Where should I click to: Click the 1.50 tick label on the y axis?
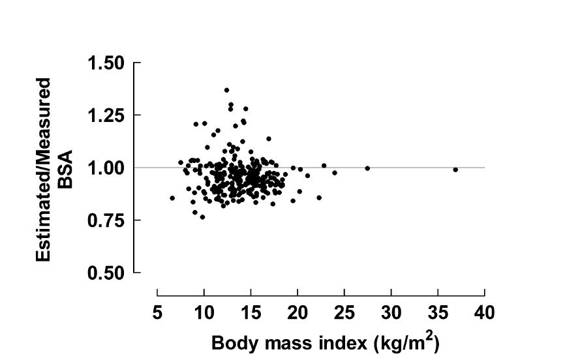(106, 63)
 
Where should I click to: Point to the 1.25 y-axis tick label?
(106, 115)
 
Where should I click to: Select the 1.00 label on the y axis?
(106, 168)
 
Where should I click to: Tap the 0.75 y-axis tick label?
(106, 220)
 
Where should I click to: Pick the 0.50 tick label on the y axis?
(106, 273)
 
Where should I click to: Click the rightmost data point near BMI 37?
(455, 170)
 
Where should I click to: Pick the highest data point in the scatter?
(226, 90)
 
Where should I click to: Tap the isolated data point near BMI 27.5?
(367, 168)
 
